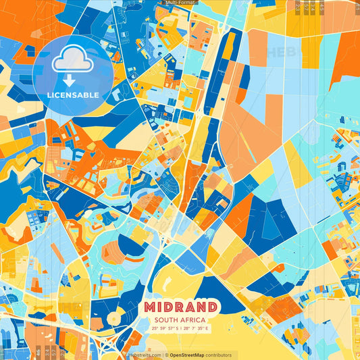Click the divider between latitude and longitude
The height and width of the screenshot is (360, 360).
(180, 328)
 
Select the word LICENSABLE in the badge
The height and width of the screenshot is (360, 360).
(73, 95)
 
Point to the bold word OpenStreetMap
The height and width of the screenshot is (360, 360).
(188, 355)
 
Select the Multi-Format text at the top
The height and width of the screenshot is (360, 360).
(179, 3)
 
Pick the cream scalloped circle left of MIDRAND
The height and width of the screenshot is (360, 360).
(115, 317)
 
